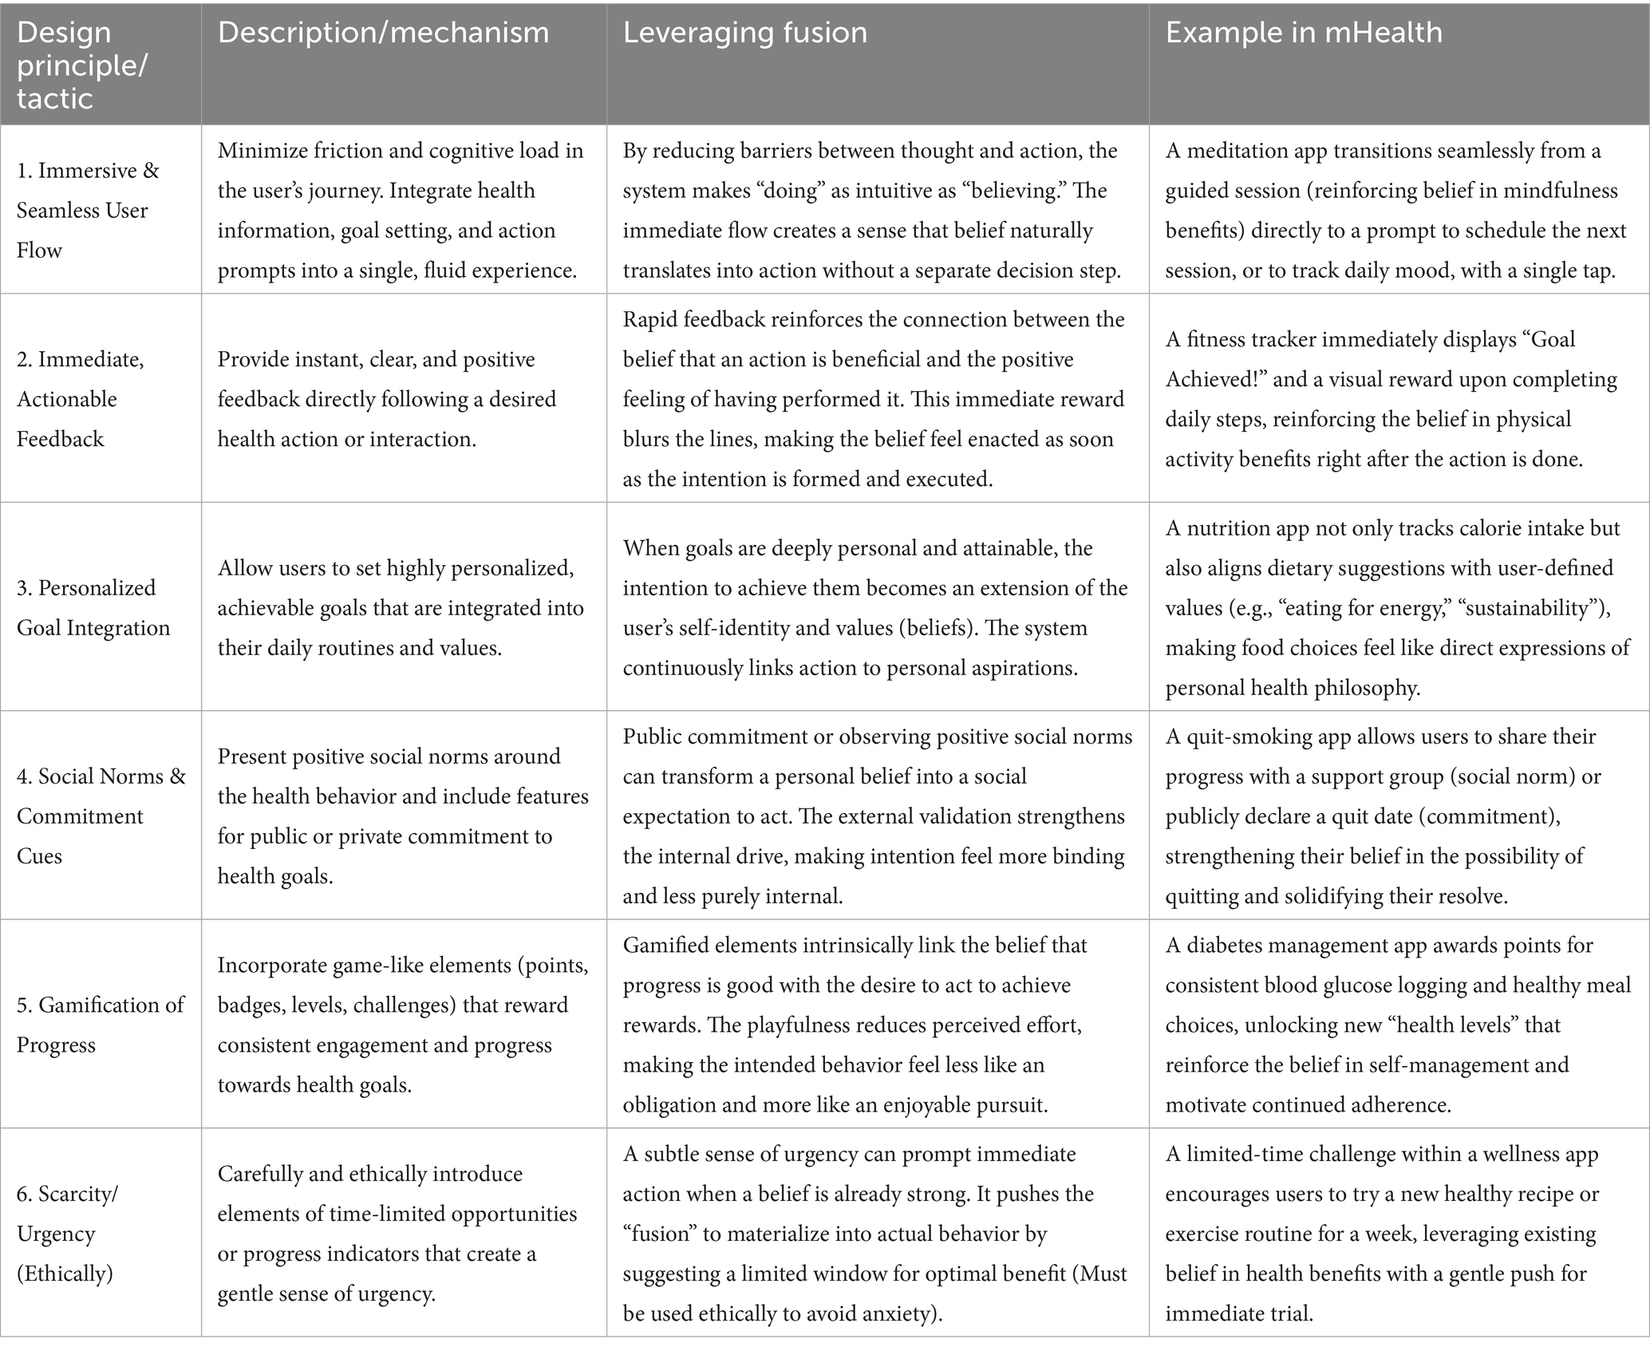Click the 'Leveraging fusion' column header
tap(744, 33)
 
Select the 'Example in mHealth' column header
tap(1304, 33)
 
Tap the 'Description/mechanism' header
tap(383, 33)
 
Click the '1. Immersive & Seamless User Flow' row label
tap(88, 210)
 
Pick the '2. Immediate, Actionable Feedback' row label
tap(80, 399)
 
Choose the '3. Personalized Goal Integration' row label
tap(93, 607)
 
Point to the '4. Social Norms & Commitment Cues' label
tap(101, 816)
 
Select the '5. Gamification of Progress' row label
tap(100, 1025)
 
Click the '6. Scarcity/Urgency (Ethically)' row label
tap(67, 1233)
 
